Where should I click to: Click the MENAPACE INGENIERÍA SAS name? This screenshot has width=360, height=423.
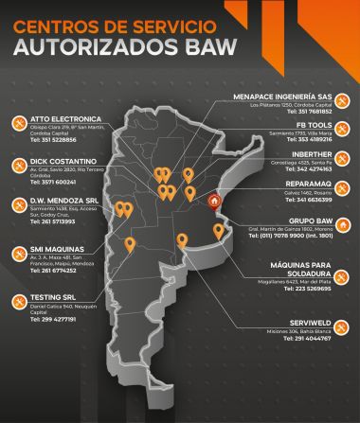point(288,97)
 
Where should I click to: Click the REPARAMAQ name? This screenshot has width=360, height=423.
point(305,185)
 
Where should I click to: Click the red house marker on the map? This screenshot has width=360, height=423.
point(214,200)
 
